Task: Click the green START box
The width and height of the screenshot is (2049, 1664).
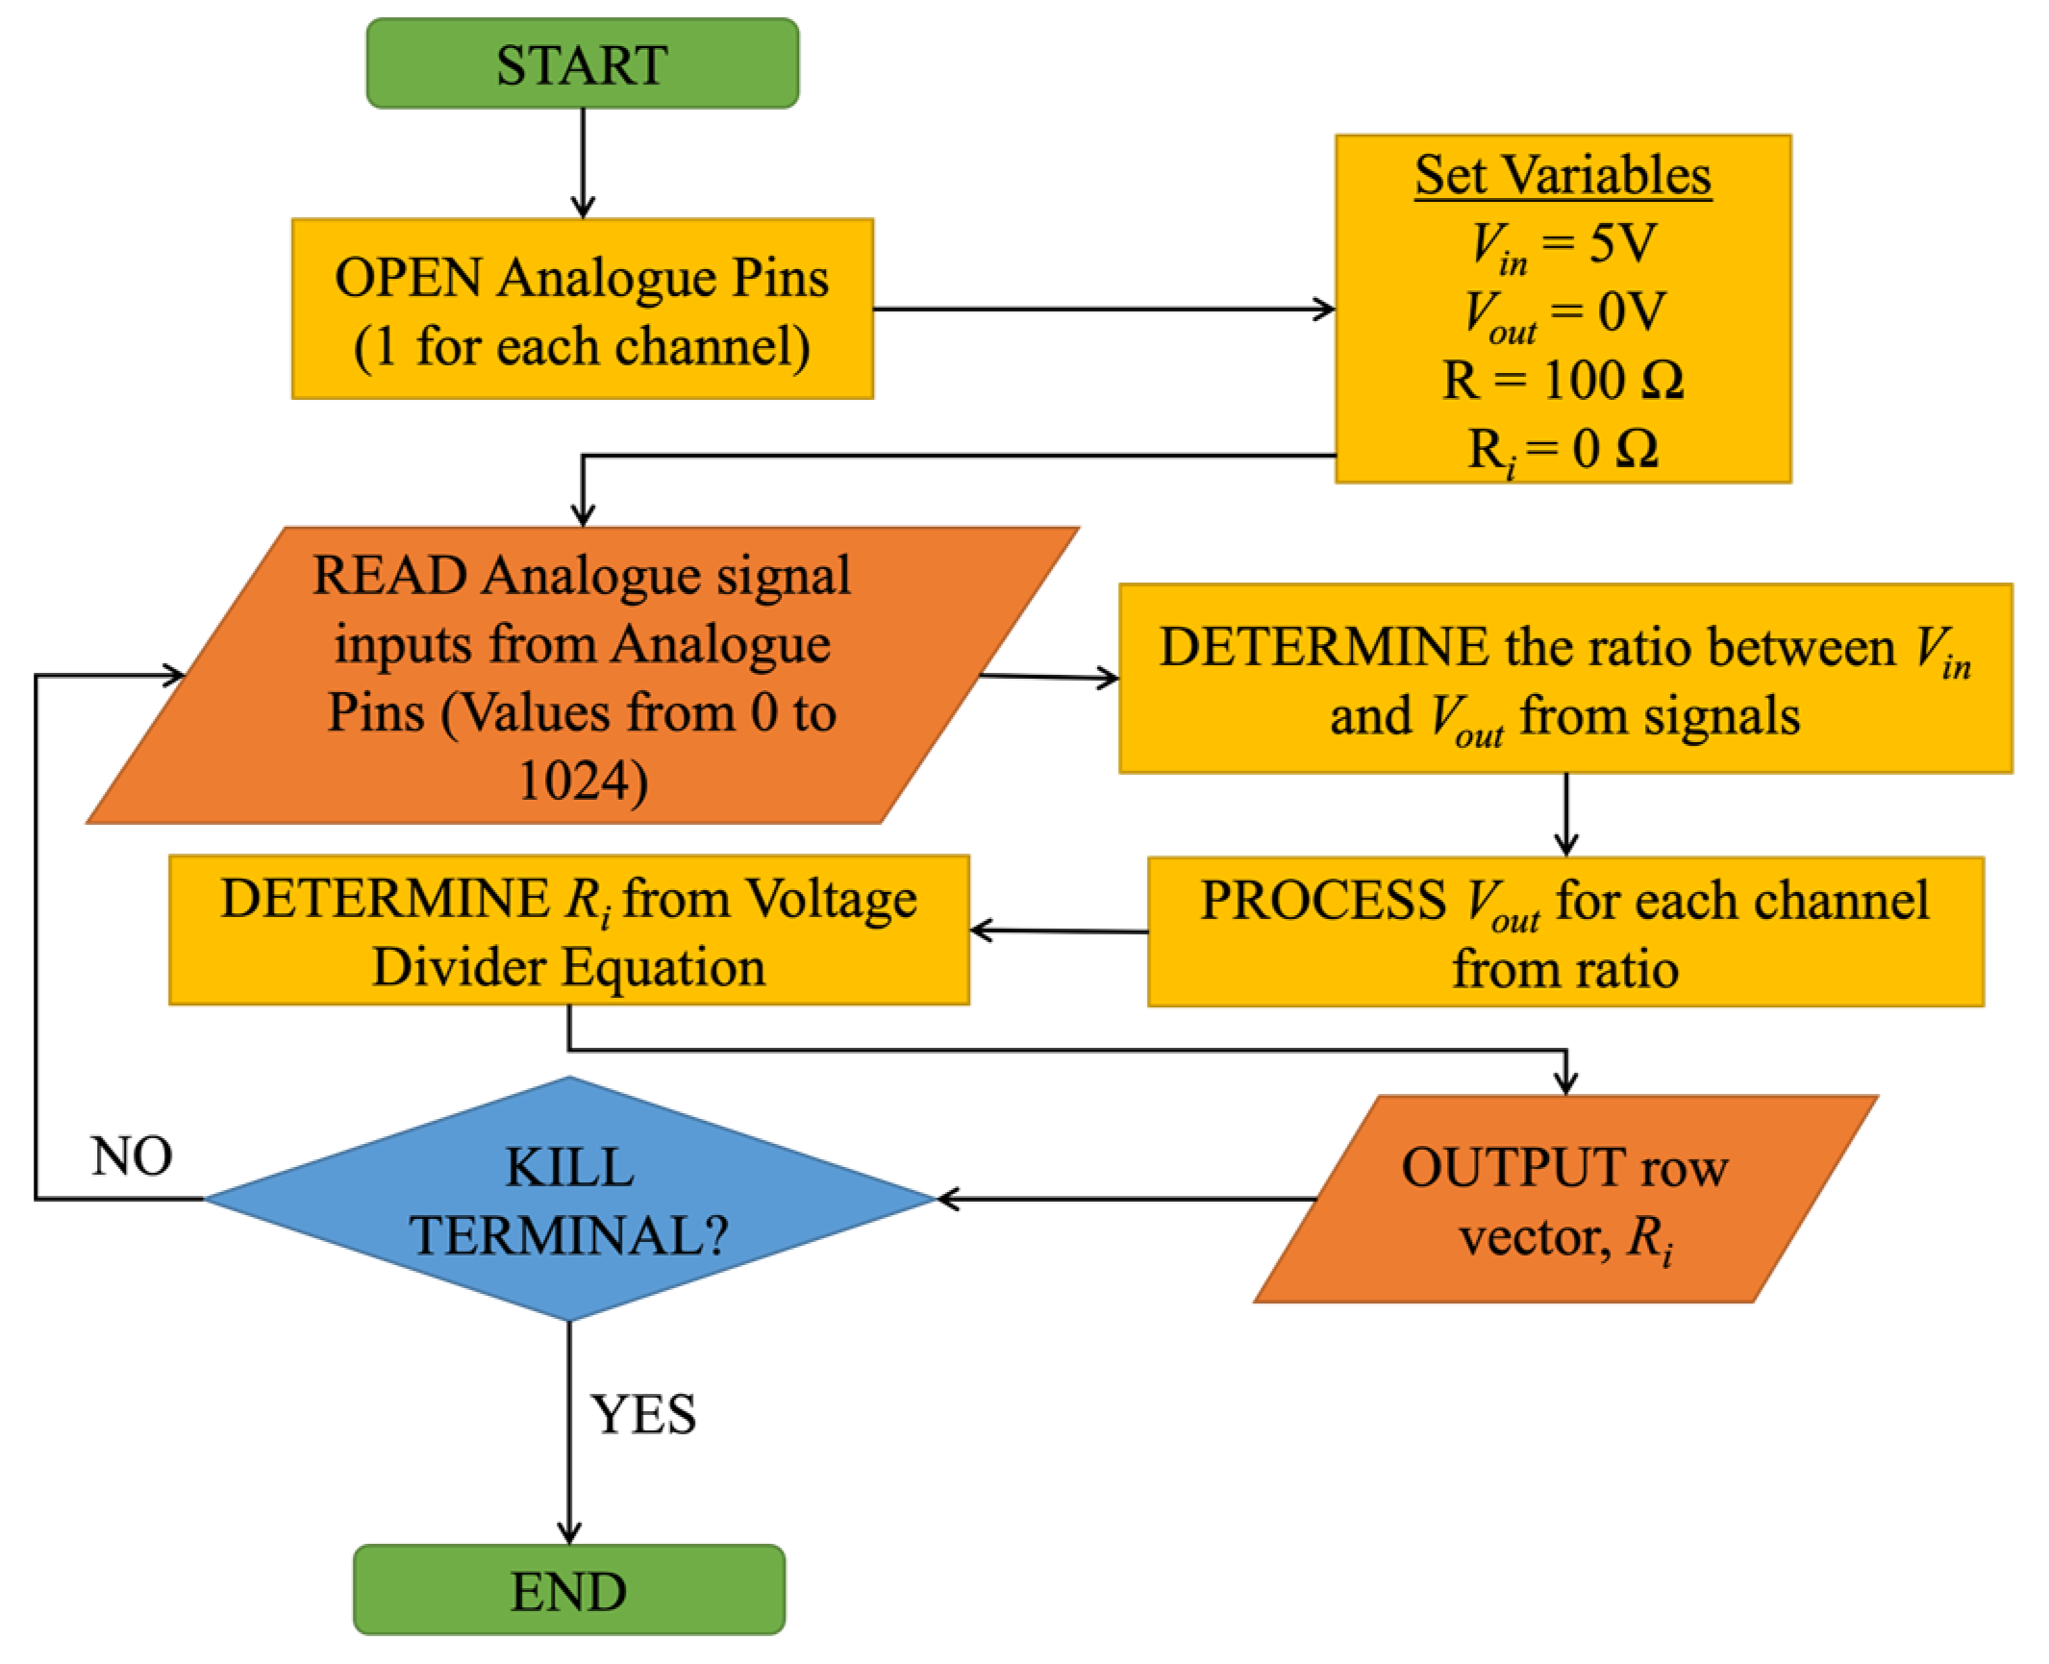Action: coord(582,64)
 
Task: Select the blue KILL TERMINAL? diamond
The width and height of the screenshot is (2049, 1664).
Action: coord(568,1199)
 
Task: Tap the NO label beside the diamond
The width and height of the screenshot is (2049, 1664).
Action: coord(132,1155)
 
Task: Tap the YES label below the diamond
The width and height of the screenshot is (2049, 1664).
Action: coord(642,1414)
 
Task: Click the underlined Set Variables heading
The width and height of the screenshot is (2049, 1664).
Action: coord(1562,176)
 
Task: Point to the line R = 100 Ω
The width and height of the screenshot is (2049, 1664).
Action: coord(1562,381)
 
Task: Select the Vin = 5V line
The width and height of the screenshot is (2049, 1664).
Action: coord(1562,243)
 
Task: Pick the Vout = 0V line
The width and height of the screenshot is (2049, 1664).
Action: coord(1562,312)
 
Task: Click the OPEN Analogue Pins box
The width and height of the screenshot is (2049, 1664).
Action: coord(582,309)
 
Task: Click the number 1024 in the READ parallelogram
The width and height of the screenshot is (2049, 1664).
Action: coord(582,780)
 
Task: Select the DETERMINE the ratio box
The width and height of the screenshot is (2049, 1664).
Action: coord(1564,679)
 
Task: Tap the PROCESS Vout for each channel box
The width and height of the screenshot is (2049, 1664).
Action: coord(1564,931)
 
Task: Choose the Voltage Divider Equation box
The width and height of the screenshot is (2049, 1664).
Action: coord(568,930)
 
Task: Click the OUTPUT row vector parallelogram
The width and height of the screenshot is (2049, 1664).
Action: coord(1564,1199)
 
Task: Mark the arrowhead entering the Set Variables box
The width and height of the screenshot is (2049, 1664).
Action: coord(1325,310)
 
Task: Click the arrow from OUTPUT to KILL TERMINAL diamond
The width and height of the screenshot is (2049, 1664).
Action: coord(1125,1199)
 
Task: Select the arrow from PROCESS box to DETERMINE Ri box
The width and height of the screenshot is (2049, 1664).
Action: coord(1058,931)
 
